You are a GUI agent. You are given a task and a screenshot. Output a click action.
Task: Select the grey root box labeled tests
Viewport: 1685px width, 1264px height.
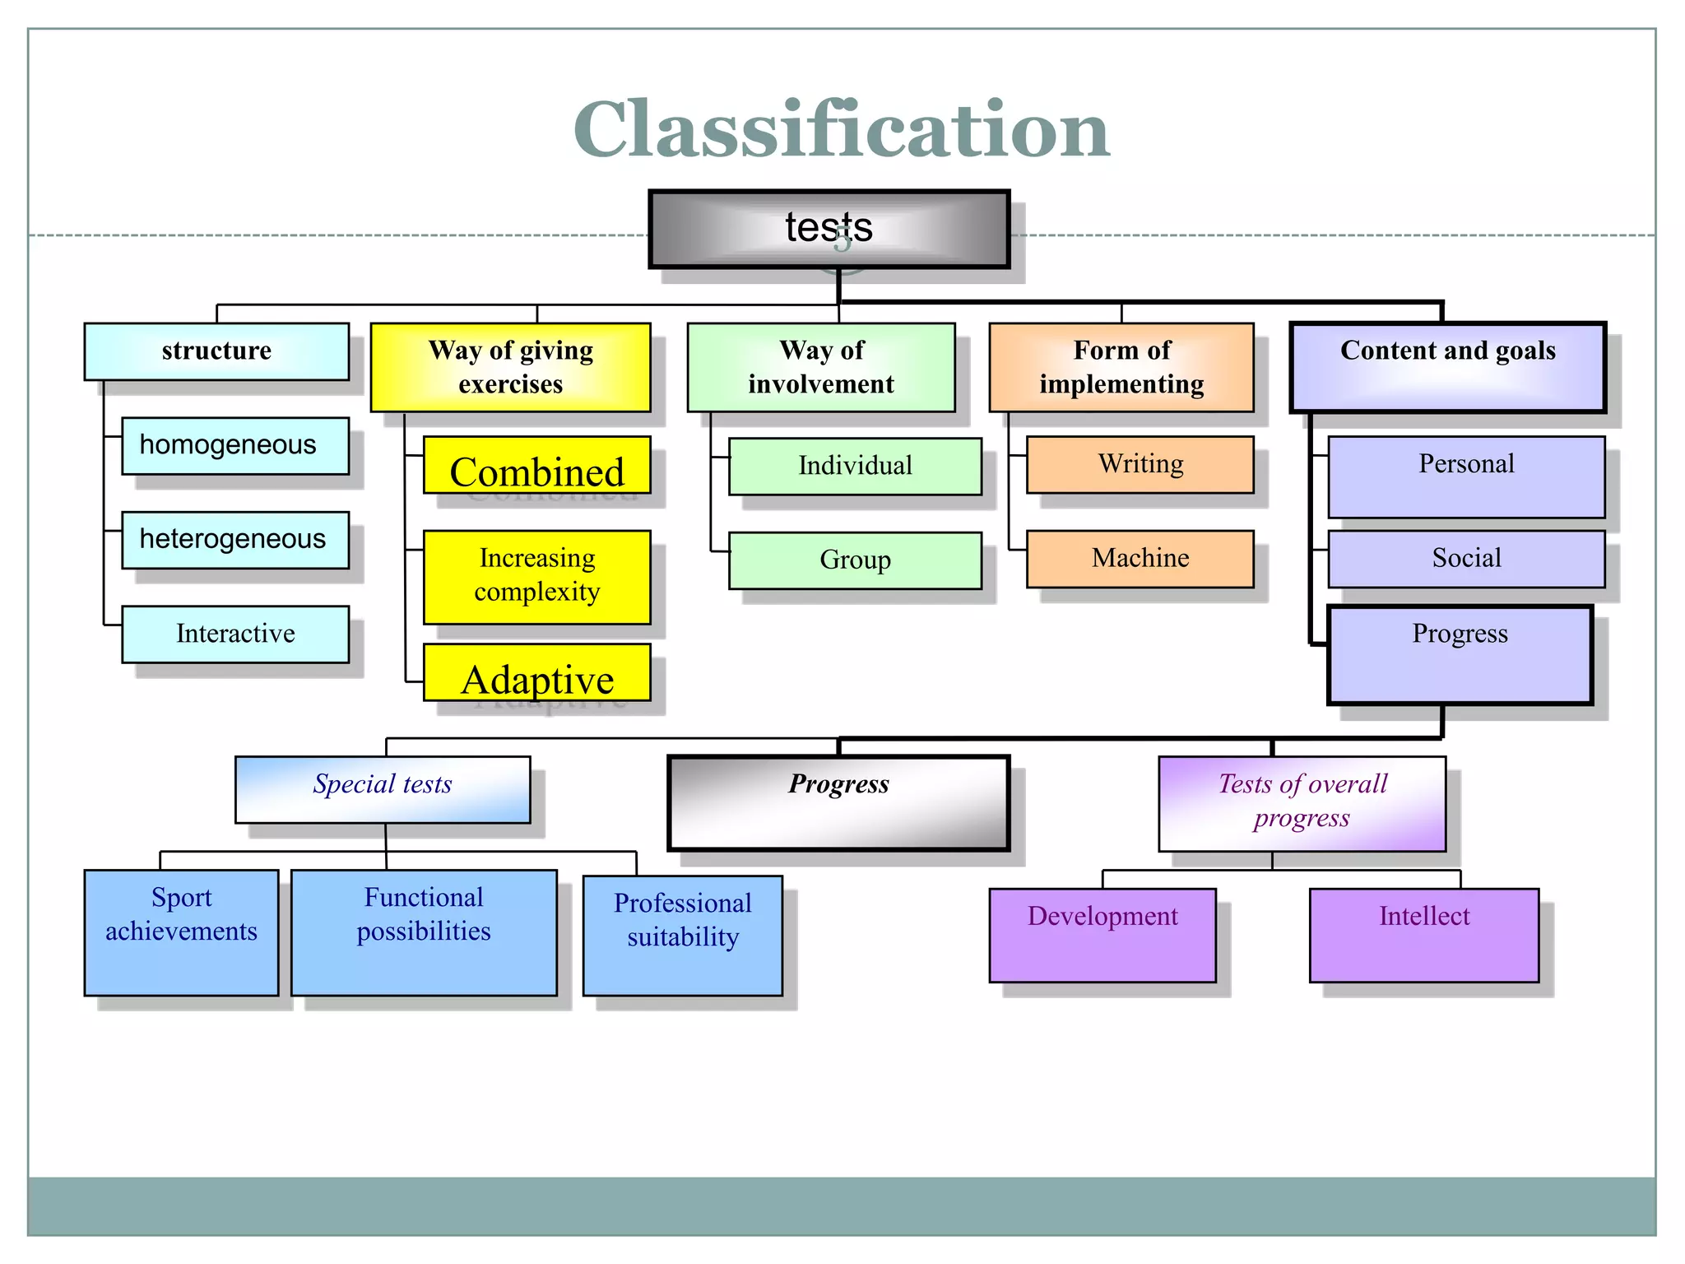pyautogui.click(x=829, y=229)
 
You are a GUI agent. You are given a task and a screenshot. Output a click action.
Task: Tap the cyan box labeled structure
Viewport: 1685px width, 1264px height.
pyautogui.click(x=216, y=351)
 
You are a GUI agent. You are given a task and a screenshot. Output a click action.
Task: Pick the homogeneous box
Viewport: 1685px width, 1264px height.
pyautogui.click(x=234, y=445)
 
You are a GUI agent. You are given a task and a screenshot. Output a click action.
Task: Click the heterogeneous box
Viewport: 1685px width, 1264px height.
pyautogui.click(x=234, y=540)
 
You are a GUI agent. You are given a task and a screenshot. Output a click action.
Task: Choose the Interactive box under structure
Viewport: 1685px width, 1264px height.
pyautogui.click(x=235, y=634)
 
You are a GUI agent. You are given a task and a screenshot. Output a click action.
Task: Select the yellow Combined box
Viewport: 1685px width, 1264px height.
pyautogui.click(x=536, y=466)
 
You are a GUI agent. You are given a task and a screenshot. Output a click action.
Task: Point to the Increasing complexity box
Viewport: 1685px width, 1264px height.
pyautogui.click(x=536, y=576)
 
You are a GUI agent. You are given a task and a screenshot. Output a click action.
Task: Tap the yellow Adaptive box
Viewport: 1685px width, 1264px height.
pyautogui.click(x=536, y=672)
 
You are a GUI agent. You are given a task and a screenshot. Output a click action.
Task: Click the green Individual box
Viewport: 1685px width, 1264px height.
pyautogui.click(x=855, y=466)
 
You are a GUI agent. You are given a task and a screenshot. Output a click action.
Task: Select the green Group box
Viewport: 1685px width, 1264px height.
pyautogui.click(x=855, y=560)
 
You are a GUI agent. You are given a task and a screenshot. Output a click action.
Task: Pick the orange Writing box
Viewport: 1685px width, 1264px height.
pyautogui.click(x=1140, y=465)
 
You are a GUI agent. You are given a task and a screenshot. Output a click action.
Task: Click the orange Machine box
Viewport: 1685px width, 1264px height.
pyautogui.click(x=1140, y=559)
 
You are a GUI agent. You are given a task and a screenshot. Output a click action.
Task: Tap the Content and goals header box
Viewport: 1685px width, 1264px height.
pyautogui.click(x=1447, y=367)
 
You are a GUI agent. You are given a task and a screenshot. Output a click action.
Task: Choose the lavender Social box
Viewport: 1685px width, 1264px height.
pyautogui.click(x=1465, y=559)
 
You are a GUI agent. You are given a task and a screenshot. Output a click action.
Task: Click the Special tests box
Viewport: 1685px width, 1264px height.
pyautogui.click(x=383, y=788)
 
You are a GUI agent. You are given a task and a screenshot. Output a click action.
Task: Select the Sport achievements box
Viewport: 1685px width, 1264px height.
pyautogui.click(x=181, y=932)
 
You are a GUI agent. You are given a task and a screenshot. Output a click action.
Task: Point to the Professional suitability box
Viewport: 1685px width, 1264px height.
pyautogui.click(x=682, y=935)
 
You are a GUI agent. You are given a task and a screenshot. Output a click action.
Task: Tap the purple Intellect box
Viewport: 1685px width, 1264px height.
pyautogui.click(x=1423, y=934)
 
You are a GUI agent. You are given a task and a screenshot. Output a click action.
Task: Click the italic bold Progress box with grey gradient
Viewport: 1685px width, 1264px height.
pyautogui.click(x=838, y=802)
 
